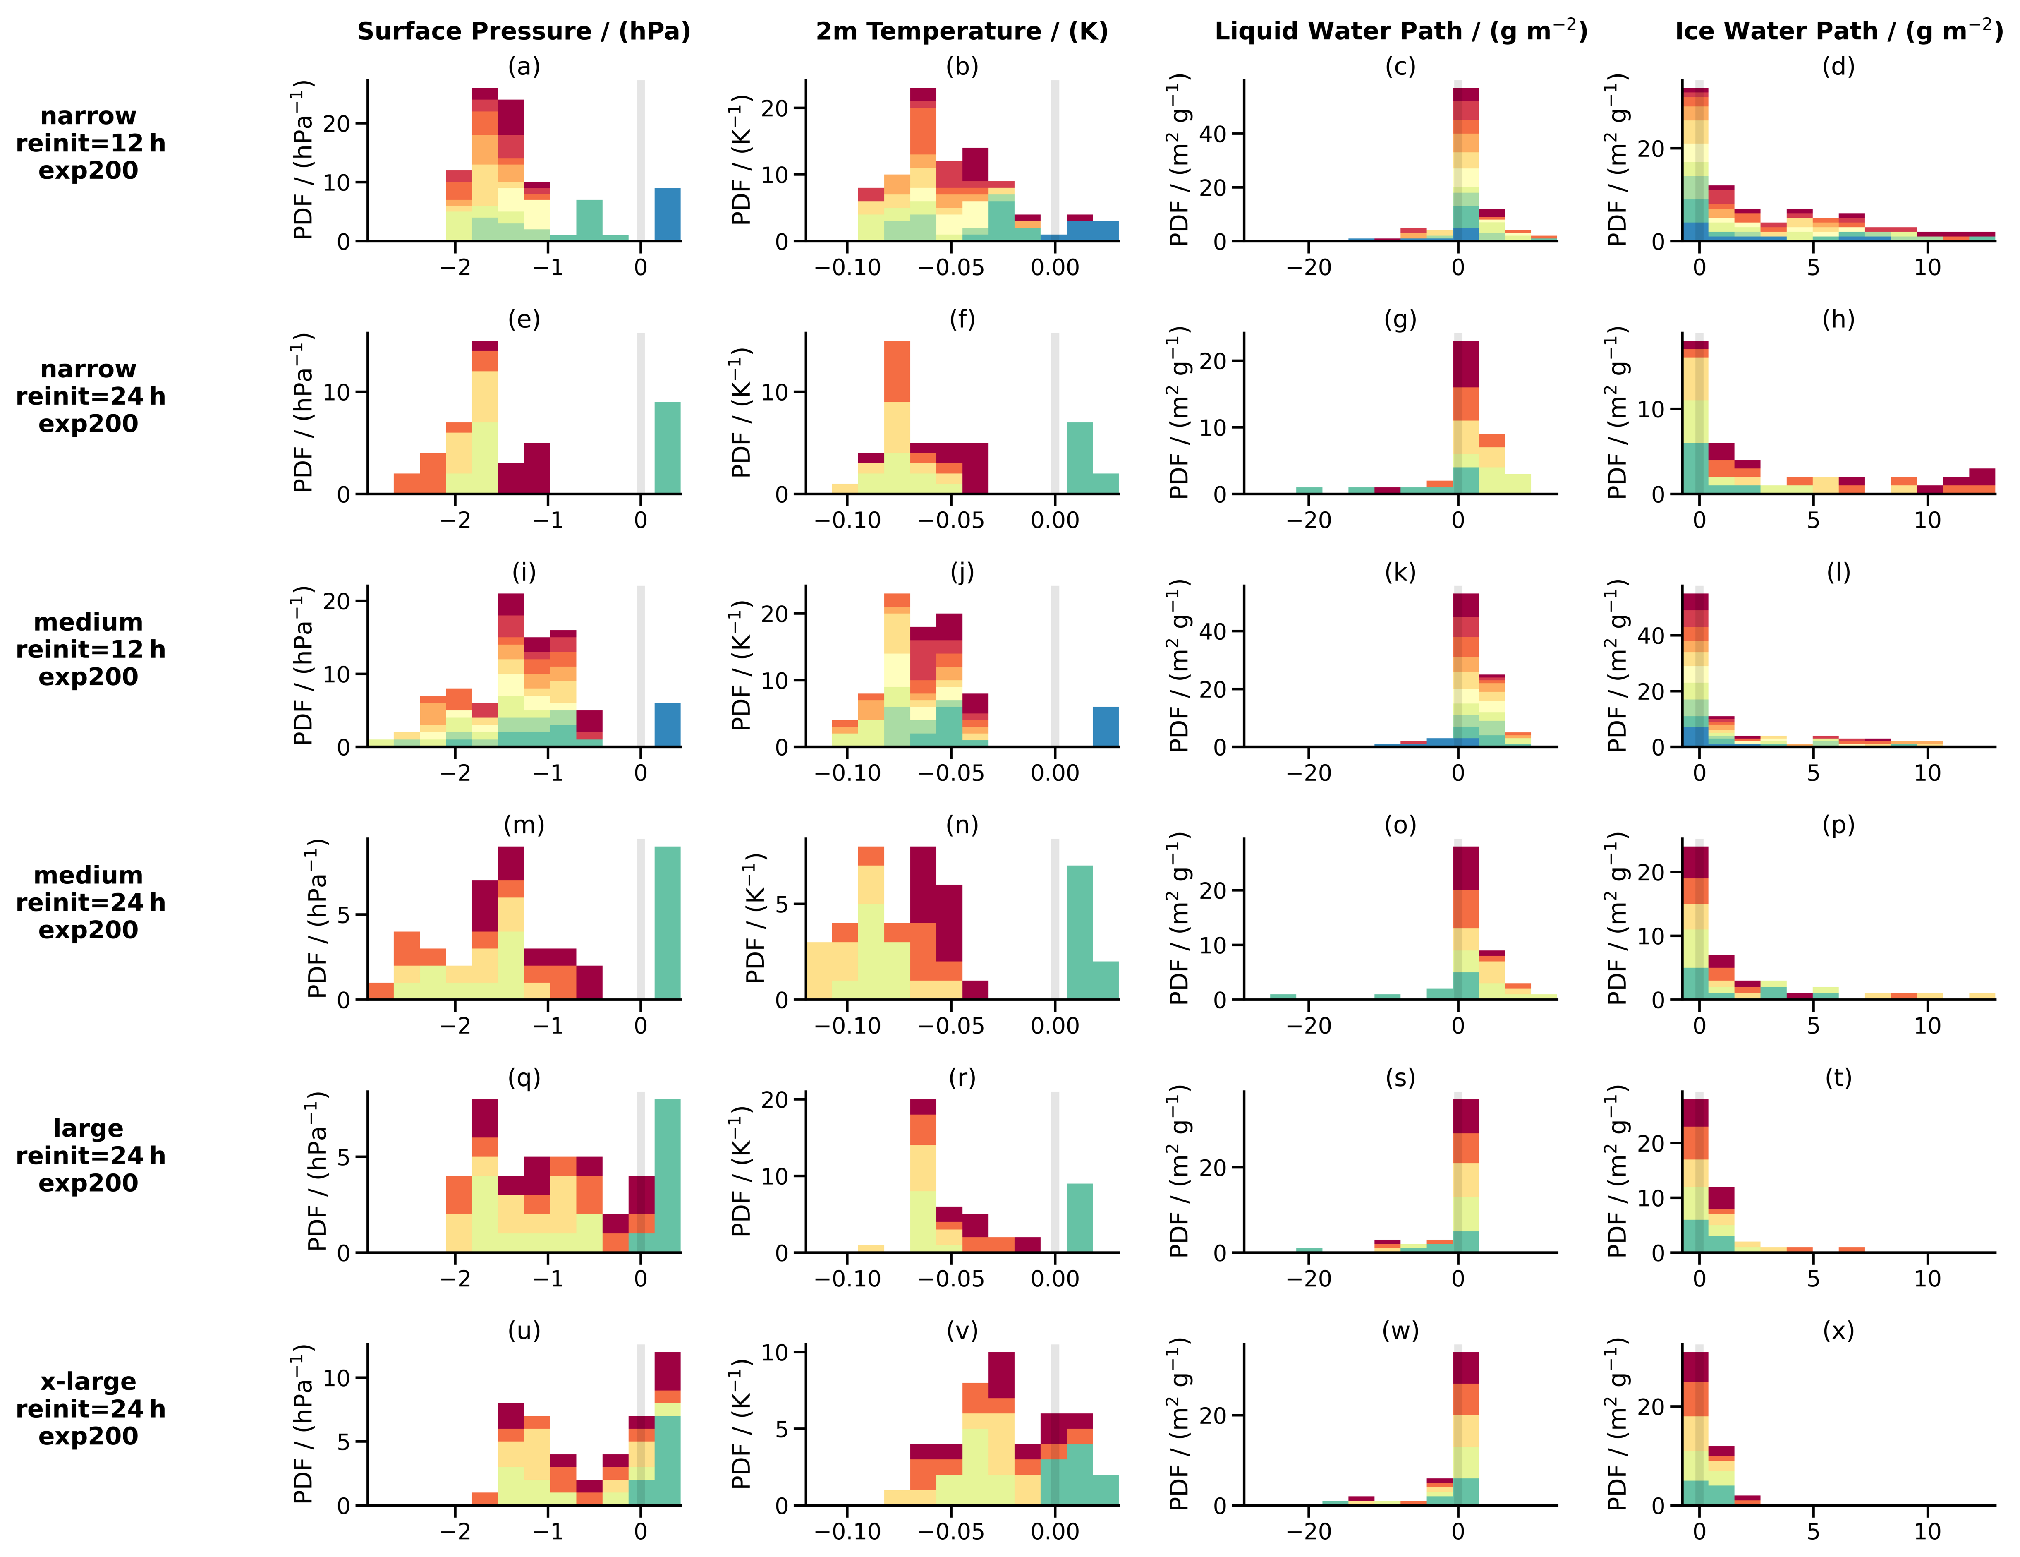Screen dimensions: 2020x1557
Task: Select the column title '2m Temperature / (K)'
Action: (x=962, y=31)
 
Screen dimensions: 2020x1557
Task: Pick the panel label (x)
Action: (x=1839, y=1331)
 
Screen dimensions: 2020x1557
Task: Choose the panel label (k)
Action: (x=1400, y=573)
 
